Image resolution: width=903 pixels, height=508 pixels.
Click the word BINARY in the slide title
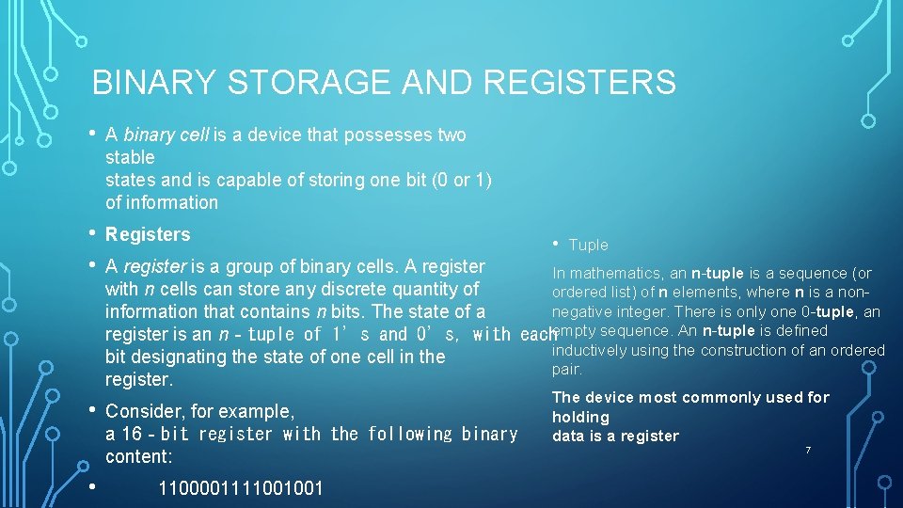[155, 83]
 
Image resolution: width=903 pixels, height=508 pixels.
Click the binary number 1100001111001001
[241, 488]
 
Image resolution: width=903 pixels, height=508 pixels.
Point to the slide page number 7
[806, 452]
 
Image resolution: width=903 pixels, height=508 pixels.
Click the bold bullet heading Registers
[148, 234]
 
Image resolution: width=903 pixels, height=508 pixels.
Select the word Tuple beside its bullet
[589, 246]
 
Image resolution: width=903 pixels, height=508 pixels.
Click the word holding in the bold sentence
[580, 417]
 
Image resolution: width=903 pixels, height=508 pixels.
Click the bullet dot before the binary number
[92, 486]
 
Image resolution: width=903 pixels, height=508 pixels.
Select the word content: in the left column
[139, 456]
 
